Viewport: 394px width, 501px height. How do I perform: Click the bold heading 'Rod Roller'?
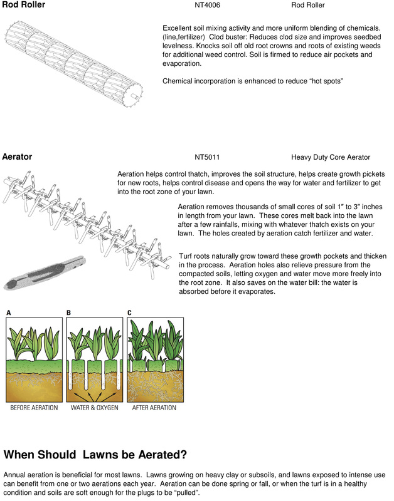(23, 6)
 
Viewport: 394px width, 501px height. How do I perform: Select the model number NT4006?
(208, 6)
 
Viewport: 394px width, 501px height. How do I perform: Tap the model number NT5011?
(207, 157)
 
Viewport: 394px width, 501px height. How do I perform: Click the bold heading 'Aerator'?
(18, 157)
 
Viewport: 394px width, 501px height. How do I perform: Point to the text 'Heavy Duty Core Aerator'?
(331, 157)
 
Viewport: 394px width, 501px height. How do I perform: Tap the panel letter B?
(68, 312)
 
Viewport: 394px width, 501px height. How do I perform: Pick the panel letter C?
(130, 312)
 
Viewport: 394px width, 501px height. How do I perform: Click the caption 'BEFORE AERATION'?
(34, 408)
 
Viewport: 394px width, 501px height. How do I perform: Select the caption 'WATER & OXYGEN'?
(95, 408)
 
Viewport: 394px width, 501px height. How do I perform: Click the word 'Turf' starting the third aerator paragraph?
(187, 256)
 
